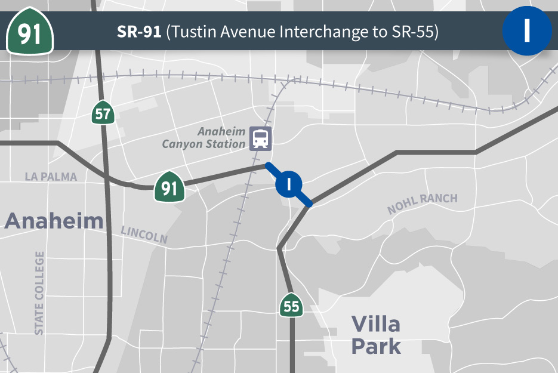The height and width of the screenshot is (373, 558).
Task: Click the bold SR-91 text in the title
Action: (139, 32)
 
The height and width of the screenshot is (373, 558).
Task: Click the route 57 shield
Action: (103, 113)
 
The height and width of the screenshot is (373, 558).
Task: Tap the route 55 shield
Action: (291, 306)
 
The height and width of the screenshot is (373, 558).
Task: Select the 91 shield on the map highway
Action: (169, 188)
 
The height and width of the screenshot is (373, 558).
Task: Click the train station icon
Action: (260, 138)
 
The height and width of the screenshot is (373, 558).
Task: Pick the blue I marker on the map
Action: (289, 184)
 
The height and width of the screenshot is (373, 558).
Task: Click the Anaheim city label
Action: (54, 221)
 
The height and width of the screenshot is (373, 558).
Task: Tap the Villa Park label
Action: (375, 335)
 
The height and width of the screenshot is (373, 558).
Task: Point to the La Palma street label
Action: (51, 177)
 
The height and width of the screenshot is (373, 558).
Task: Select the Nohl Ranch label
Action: (422, 204)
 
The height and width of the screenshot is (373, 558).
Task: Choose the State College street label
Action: (39, 292)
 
